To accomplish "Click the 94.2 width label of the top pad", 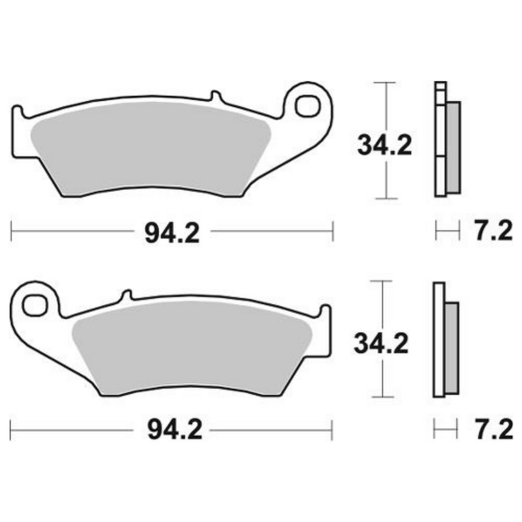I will [168, 232].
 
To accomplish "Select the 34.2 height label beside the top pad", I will [384, 145].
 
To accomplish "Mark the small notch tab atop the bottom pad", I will [126, 296].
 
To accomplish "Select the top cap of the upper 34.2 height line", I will [386, 83].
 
